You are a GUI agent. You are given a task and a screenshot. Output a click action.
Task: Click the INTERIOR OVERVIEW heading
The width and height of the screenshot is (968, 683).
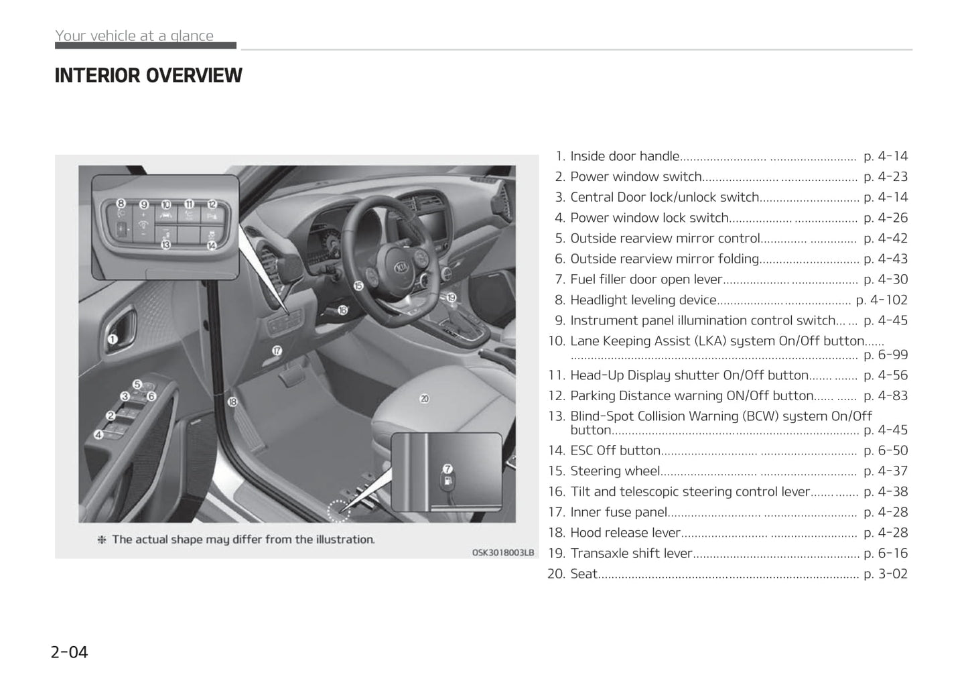[148, 76]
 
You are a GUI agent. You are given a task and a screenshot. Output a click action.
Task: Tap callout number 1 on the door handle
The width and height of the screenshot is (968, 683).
[113, 339]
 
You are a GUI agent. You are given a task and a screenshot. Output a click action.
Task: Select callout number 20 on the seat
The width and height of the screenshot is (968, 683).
[424, 399]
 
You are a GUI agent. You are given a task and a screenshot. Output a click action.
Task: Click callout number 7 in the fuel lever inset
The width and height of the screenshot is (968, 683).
[447, 469]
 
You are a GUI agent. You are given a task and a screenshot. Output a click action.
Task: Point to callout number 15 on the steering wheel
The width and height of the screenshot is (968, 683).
[358, 286]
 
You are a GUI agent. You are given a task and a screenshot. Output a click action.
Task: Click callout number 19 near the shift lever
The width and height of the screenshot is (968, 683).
[452, 297]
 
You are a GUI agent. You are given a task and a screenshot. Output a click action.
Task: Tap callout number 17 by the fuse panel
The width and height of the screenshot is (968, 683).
[277, 350]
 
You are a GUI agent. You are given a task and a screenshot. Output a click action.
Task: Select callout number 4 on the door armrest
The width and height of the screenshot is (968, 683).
[98, 434]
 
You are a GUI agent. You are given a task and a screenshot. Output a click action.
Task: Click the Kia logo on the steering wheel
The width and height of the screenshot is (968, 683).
[401, 267]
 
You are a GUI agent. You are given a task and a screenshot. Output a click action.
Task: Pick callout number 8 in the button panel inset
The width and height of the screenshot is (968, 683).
[121, 203]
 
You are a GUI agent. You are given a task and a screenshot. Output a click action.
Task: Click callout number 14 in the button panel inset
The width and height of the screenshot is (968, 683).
[212, 245]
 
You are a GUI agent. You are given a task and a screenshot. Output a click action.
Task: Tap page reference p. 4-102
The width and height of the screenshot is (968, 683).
[882, 300]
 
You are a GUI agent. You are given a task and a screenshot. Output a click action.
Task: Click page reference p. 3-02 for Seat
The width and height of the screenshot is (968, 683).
[886, 574]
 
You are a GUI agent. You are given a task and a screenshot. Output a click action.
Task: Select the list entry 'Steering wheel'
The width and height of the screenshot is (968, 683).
[615, 471]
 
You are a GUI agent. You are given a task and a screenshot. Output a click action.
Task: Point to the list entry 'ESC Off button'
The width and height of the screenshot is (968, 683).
[615, 450]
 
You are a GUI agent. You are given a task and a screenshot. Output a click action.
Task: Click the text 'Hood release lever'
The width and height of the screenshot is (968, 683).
[625, 533]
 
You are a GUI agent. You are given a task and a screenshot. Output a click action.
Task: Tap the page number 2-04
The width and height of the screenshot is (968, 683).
[70, 651]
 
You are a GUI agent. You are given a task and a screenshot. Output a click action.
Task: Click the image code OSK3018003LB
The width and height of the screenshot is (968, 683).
[503, 552]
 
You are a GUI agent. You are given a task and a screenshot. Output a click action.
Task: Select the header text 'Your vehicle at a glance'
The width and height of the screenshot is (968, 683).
[135, 36]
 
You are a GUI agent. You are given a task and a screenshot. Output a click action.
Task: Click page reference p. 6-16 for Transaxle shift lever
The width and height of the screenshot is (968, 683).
[886, 553]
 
